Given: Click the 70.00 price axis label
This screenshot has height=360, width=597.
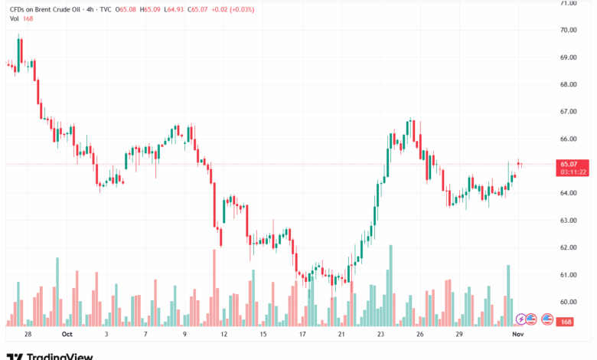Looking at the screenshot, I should coord(568,30).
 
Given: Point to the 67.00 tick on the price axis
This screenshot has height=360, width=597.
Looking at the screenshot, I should coord(568,112).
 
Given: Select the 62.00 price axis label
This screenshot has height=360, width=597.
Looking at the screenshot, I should coord(568,247).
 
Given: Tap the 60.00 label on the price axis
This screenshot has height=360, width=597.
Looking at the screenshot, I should coord(568,302).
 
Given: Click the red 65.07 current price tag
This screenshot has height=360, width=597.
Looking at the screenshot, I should coord(573,164).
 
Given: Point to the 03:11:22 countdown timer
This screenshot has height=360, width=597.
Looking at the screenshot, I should coord(573,172).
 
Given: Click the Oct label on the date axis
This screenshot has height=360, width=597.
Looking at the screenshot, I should coord(67,335).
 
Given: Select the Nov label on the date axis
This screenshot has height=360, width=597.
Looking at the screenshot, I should coord(517,335).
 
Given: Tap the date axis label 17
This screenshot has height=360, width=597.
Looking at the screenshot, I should coord(302,335).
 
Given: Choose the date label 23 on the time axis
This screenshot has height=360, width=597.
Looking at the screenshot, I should coord(381,335).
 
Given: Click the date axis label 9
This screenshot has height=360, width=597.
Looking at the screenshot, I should coord(184,335).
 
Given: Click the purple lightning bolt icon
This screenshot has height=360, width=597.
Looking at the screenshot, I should coord(522,319).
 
